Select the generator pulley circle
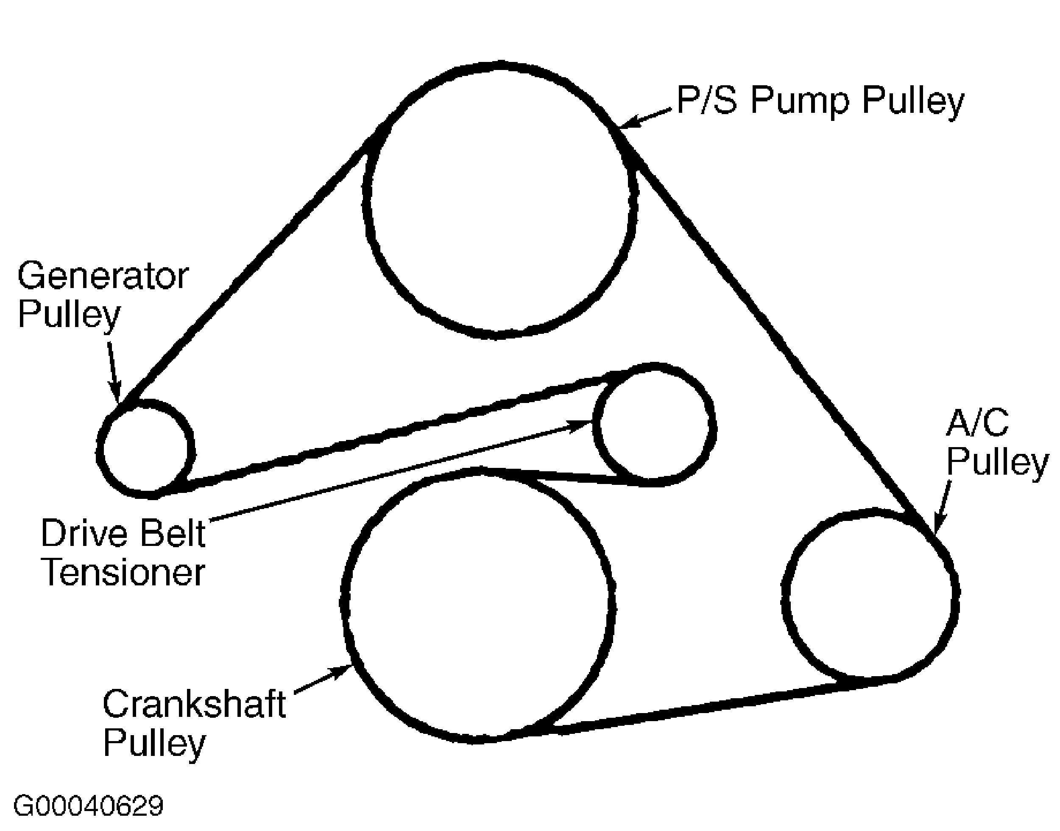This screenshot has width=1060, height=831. tap(146, 448)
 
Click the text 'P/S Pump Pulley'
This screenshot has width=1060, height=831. tap(820, 101)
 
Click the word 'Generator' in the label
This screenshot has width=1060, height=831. tap(103, 276)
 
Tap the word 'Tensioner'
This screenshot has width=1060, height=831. tap(123, 573)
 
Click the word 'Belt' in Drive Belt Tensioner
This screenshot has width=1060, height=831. tap(173, 534)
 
